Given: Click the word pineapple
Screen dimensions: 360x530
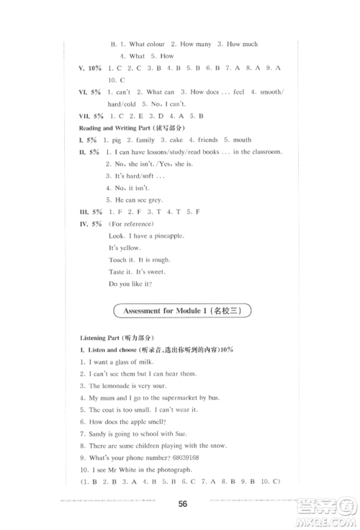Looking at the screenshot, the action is coord(167,236).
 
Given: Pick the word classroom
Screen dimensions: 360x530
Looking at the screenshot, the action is coord(263,151).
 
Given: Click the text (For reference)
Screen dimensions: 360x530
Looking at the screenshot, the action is coord(131,224).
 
